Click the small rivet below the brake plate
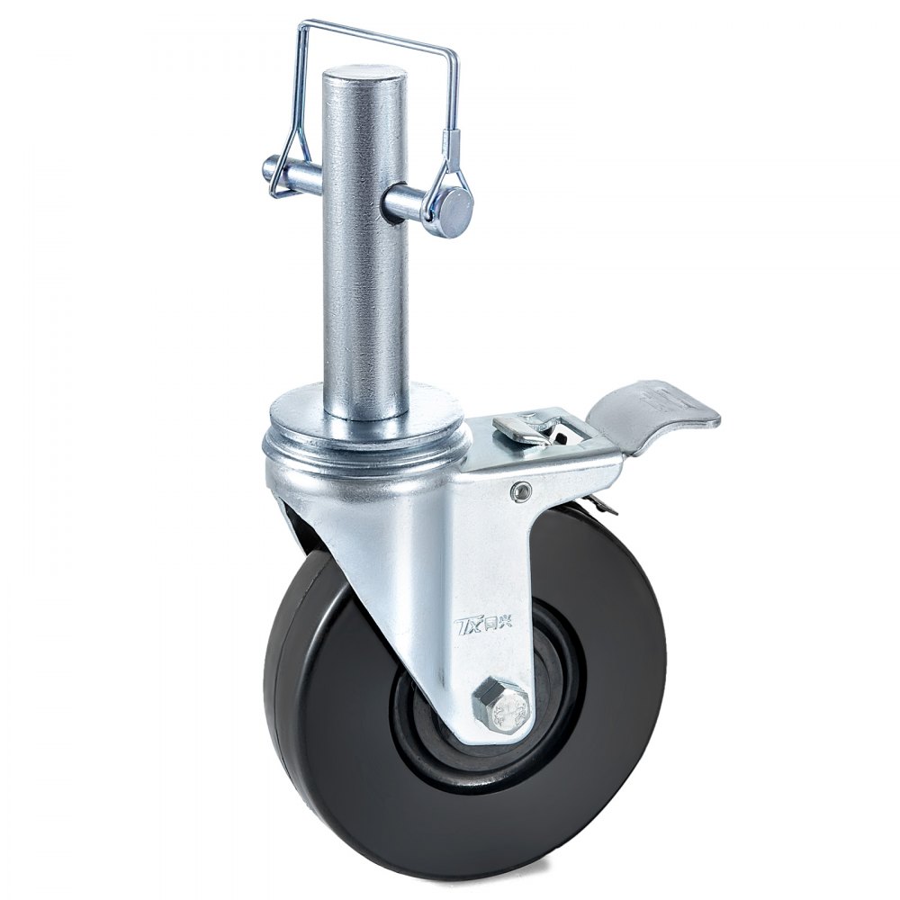518,489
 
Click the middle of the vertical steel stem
364,270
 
